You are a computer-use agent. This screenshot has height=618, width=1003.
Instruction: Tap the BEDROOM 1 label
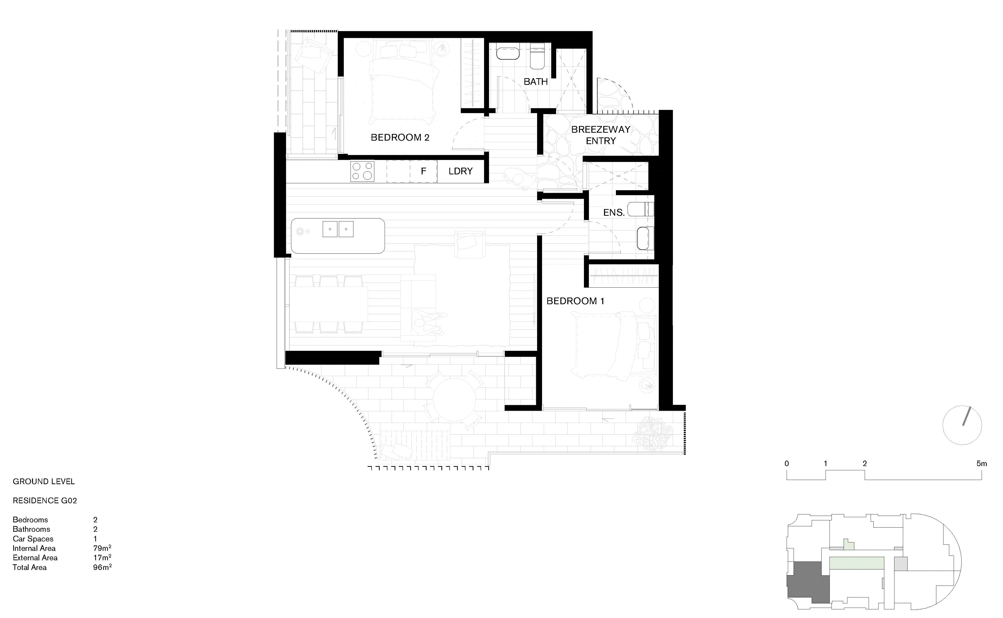pyautogui.click(x=575, y=301)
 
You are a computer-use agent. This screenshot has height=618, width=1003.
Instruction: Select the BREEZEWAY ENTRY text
pyautogui.click(x=601, y=135)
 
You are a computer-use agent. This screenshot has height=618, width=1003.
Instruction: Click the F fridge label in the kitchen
pyautogui.click(x=423, y=171)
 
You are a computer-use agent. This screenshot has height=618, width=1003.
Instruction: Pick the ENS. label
pyautogui.click(x=614, y=212)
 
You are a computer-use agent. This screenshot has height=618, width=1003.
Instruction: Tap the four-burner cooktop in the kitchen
pyautogui.click(x=362, y=171)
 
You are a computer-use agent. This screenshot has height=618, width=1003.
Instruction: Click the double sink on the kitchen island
pyautogui.click(x=338, y=229)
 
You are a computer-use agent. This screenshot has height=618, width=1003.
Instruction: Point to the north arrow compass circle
pyautogui.click(x=962, y=425)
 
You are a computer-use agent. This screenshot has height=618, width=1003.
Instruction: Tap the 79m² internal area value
pyautogui.click(x=102, y=548)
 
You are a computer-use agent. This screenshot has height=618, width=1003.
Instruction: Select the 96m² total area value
pyautogui.click(x=102, y=567)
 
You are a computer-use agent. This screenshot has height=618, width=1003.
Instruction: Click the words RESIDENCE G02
pyautogui.click(x=45, y=501)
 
